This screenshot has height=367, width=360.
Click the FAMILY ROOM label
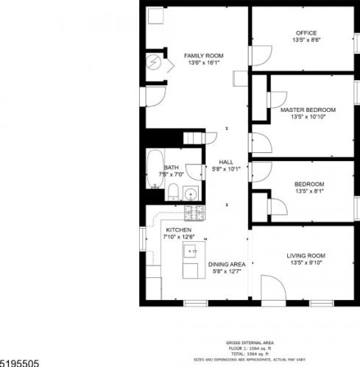click(203, 55)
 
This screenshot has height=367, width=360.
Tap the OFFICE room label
click(306, 33)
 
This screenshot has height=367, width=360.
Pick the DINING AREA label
click(226, 264)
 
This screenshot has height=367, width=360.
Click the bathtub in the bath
click(155, 170)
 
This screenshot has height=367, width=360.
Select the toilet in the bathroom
click(172, 193)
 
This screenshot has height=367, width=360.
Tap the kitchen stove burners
click(194, 213)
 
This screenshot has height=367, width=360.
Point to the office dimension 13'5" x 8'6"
click(306, 41)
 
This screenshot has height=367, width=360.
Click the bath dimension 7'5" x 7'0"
click(177, 174)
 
